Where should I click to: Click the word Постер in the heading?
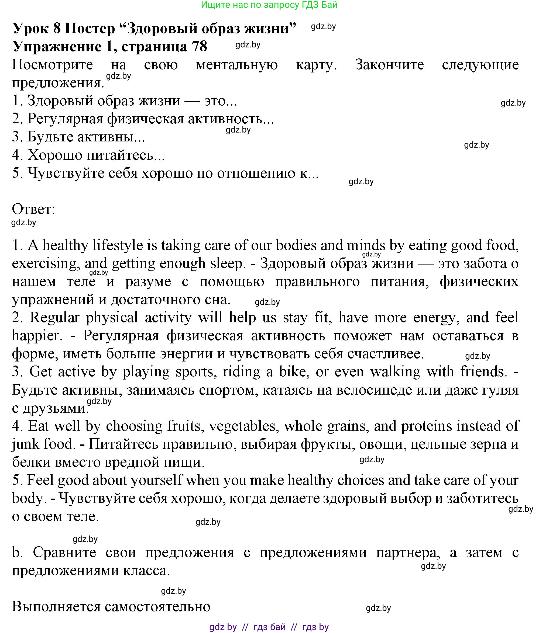coord(90,29)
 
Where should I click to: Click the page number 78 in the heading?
coord(200,47)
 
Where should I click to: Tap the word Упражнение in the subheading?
coord(57,47)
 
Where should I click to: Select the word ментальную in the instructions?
coord(236,65)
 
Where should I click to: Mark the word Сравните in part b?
coord(64,552)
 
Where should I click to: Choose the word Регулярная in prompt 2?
coord(66,119)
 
